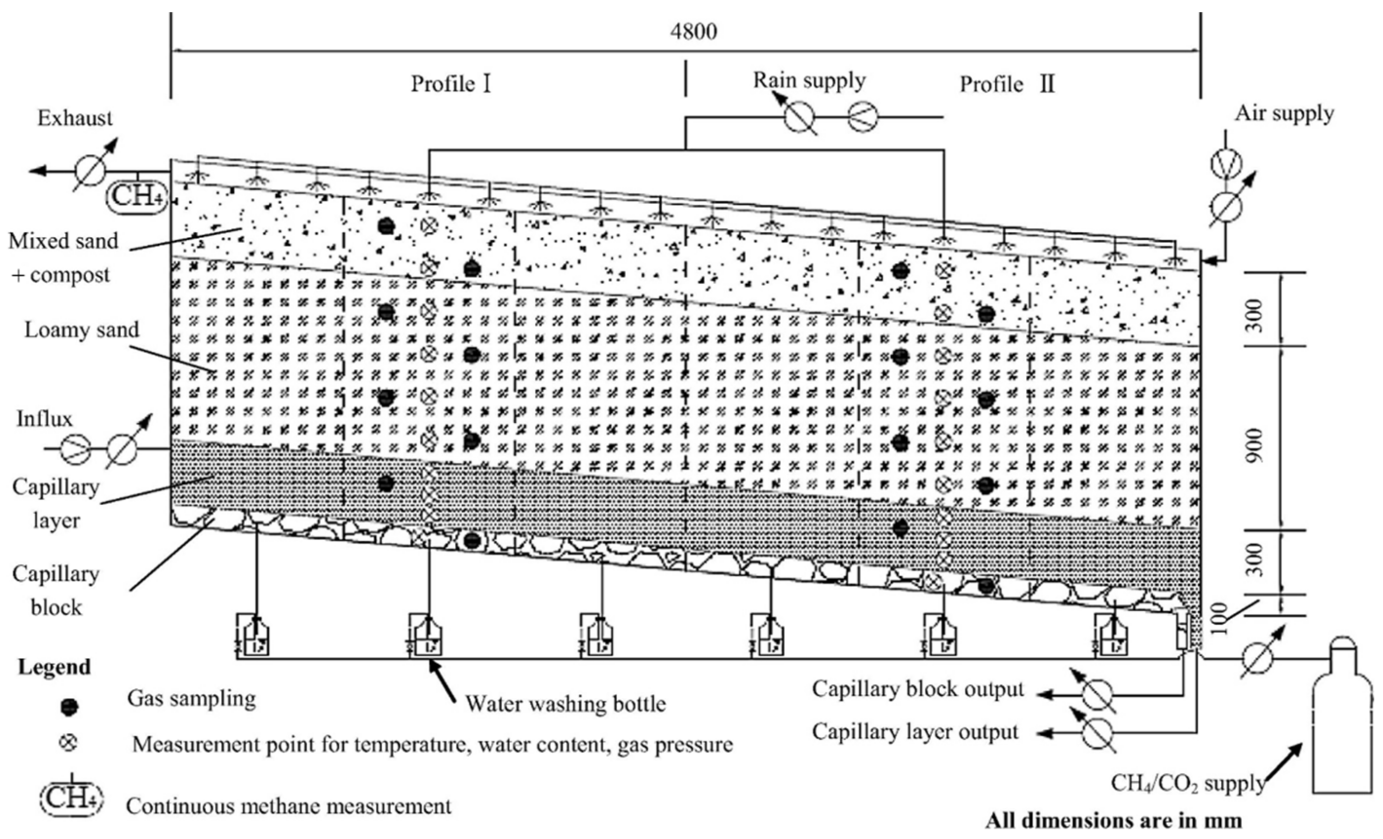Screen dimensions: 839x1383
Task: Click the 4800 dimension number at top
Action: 694,32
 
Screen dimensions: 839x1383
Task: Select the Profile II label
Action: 1007,85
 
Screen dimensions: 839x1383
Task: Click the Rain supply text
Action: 809,80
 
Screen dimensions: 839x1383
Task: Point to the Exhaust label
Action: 75,118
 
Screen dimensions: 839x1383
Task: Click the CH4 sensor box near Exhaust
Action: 136,196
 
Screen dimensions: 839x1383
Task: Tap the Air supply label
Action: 1284,114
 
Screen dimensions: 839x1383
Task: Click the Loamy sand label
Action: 81,330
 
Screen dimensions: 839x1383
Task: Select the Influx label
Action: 44,419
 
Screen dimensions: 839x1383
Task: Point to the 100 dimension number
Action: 1220,618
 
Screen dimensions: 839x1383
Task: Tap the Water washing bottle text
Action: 565,704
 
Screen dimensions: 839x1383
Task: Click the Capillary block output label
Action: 918,689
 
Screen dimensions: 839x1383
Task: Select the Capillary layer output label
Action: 915,732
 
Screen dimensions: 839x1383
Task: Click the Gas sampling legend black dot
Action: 69,707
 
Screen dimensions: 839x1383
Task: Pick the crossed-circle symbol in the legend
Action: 69,743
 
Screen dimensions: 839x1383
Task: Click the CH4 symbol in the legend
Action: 72,799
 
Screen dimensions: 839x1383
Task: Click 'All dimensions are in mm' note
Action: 1114,821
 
